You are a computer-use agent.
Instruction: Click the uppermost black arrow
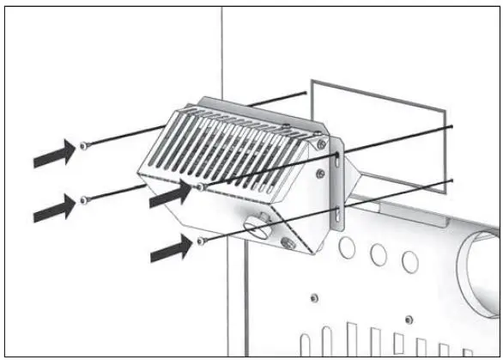[x=52, y=155]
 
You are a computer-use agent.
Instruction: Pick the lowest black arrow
[x=171, y=250]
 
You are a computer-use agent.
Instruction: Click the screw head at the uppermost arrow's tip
[x=82, y=145]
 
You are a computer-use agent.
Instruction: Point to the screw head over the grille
[x=199, y=185]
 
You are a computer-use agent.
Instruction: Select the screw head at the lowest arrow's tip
[x=199, y=241]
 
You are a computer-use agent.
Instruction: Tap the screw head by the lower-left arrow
[x=83, y=199]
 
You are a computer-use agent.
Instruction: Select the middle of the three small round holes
[x=378, y=253]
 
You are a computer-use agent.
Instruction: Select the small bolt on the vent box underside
[x=287, y=246]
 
